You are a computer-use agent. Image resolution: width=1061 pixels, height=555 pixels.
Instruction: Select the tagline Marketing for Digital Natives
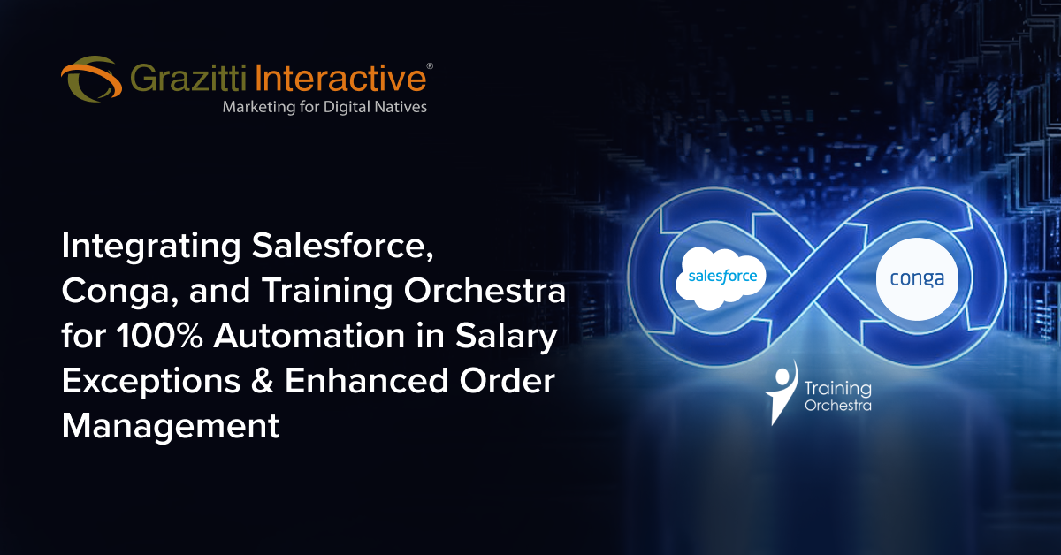(x=324, y=107)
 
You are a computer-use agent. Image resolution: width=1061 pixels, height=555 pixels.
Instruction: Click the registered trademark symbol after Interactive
(x=430, y=66)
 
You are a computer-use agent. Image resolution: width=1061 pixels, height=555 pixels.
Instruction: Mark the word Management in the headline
(x=171, y=426)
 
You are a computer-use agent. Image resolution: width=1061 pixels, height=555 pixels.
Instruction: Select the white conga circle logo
(x=916, y=279)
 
